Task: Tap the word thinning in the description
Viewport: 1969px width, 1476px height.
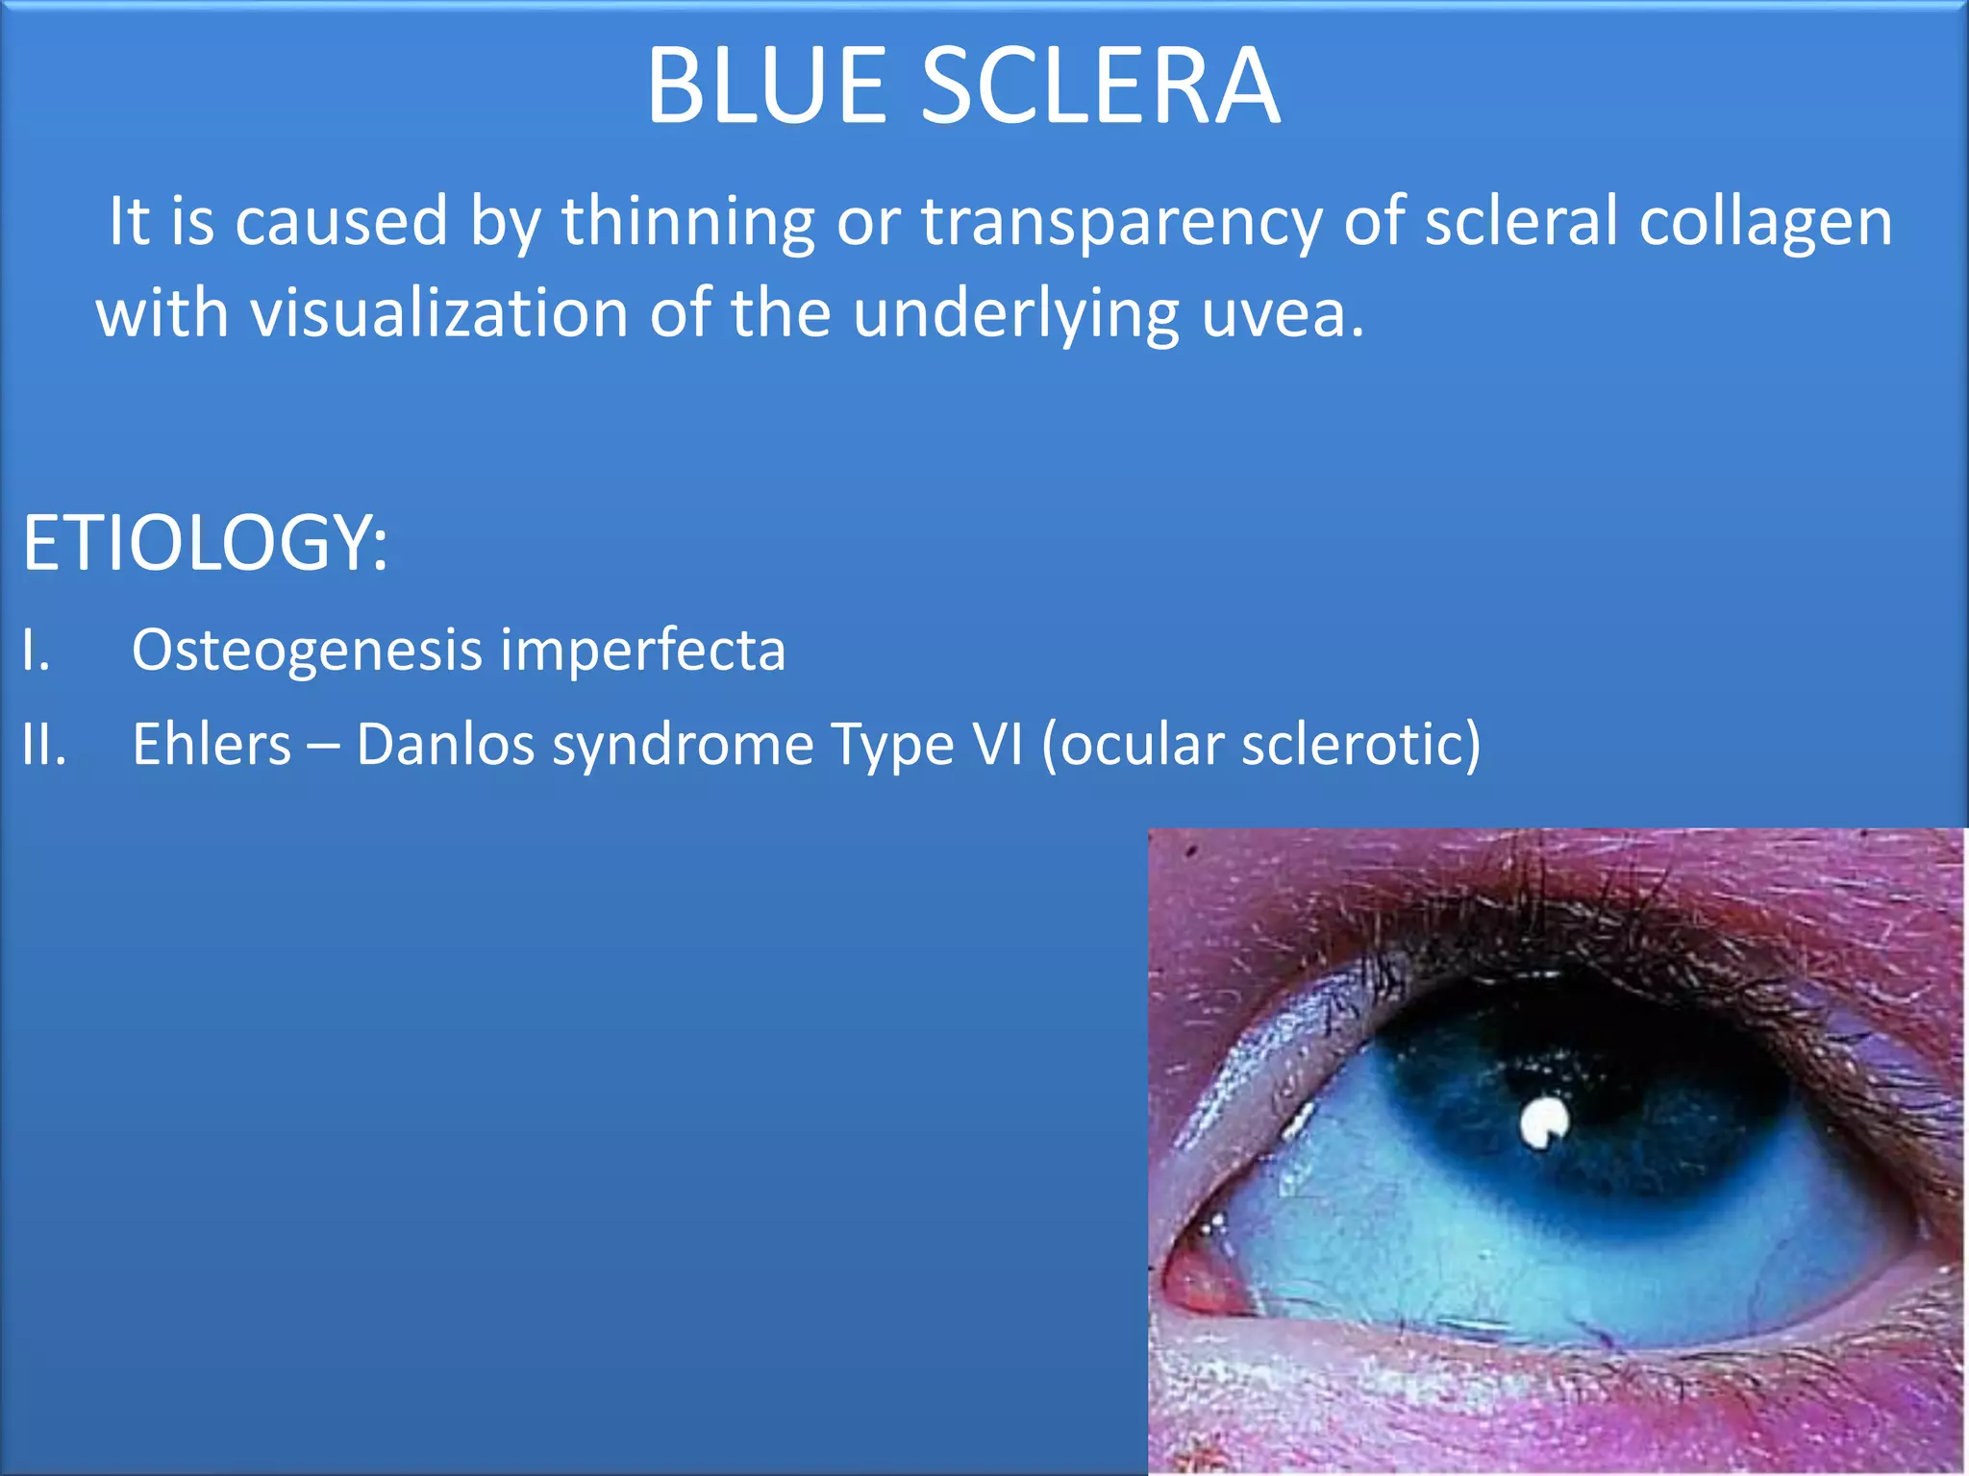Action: point(688,221)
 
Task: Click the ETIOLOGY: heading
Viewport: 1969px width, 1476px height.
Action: point(205,543)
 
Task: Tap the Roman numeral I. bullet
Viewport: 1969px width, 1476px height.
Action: point(36,651)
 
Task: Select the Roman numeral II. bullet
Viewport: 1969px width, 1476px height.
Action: point(44,745)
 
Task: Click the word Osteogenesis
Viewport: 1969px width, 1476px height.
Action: point(307,651)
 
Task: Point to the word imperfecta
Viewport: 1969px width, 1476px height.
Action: point(642,651)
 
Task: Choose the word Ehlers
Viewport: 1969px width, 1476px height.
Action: point(212,745)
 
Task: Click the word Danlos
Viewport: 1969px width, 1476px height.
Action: point(445,745)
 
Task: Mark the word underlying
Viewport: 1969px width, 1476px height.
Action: point(1016,316)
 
